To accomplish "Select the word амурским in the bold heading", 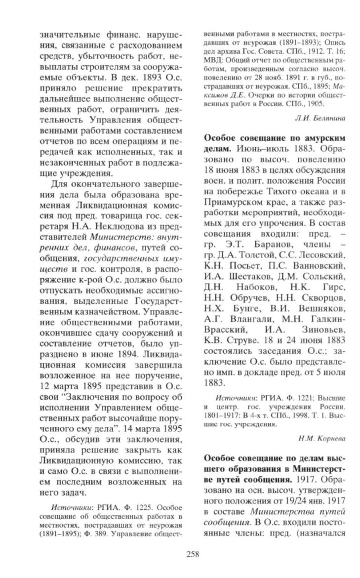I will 322,137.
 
